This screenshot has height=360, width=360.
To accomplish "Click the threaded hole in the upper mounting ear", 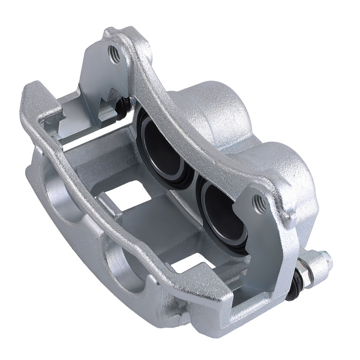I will [112, 55].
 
